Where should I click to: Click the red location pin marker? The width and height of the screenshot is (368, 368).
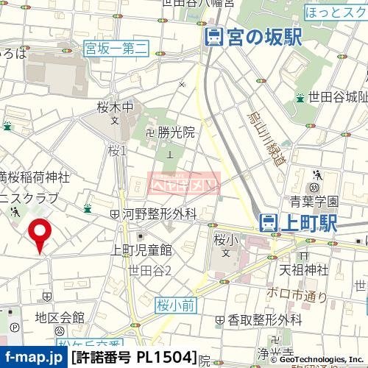[x=39, y=235]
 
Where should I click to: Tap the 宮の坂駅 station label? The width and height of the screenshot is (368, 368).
[x=263, y=38]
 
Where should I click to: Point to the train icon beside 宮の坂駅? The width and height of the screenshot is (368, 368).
[x=214, y=38]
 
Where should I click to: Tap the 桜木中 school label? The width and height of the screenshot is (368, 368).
[x=116, y=107]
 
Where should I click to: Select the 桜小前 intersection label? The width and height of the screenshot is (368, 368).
[x=174, y=303]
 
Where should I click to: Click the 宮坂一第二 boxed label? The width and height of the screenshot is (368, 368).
[x=116, y=49]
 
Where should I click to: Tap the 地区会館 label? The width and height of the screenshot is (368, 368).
[x=60, y=317]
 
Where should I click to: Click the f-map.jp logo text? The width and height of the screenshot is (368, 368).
[x=32, y=358]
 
